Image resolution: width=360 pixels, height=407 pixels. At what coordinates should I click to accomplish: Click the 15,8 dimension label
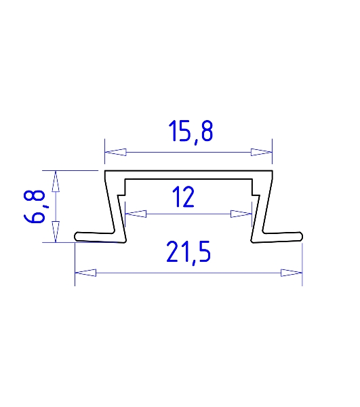pos(191,132)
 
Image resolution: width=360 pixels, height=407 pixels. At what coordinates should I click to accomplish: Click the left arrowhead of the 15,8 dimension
pos(115,152)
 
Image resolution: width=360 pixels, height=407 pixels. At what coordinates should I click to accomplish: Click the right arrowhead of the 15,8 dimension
pos(262,152)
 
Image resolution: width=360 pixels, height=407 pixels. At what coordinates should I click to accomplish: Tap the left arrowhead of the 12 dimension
pos(136,214)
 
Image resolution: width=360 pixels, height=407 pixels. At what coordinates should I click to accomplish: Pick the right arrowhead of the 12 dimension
pos(241,214)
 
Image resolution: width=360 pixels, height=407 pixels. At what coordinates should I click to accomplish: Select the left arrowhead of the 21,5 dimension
pos(85,273)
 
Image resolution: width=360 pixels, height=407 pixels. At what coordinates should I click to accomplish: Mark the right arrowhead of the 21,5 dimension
pos(292,273)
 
